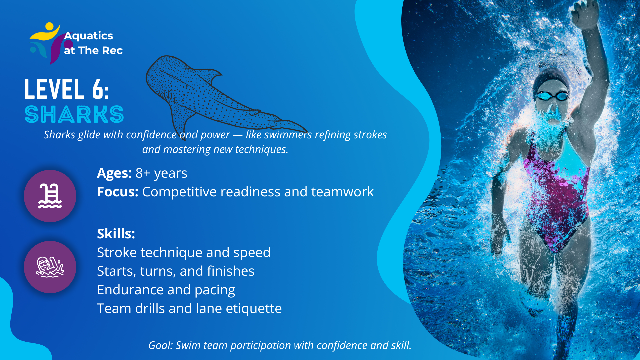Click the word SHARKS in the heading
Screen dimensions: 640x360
74,114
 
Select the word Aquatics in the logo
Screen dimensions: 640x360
89,36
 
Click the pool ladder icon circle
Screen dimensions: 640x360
50,196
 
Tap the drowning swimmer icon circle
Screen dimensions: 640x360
50,267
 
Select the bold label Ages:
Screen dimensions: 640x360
114,173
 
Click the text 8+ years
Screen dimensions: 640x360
161,173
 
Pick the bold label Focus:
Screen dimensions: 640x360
118,192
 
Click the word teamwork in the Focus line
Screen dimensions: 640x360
342,192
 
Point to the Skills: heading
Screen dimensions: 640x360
116,234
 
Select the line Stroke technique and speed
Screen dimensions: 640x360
184,253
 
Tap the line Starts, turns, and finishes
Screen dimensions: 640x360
176,271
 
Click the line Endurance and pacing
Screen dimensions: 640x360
166,290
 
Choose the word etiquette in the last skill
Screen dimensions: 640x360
254,309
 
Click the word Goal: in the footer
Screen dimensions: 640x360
161,345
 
